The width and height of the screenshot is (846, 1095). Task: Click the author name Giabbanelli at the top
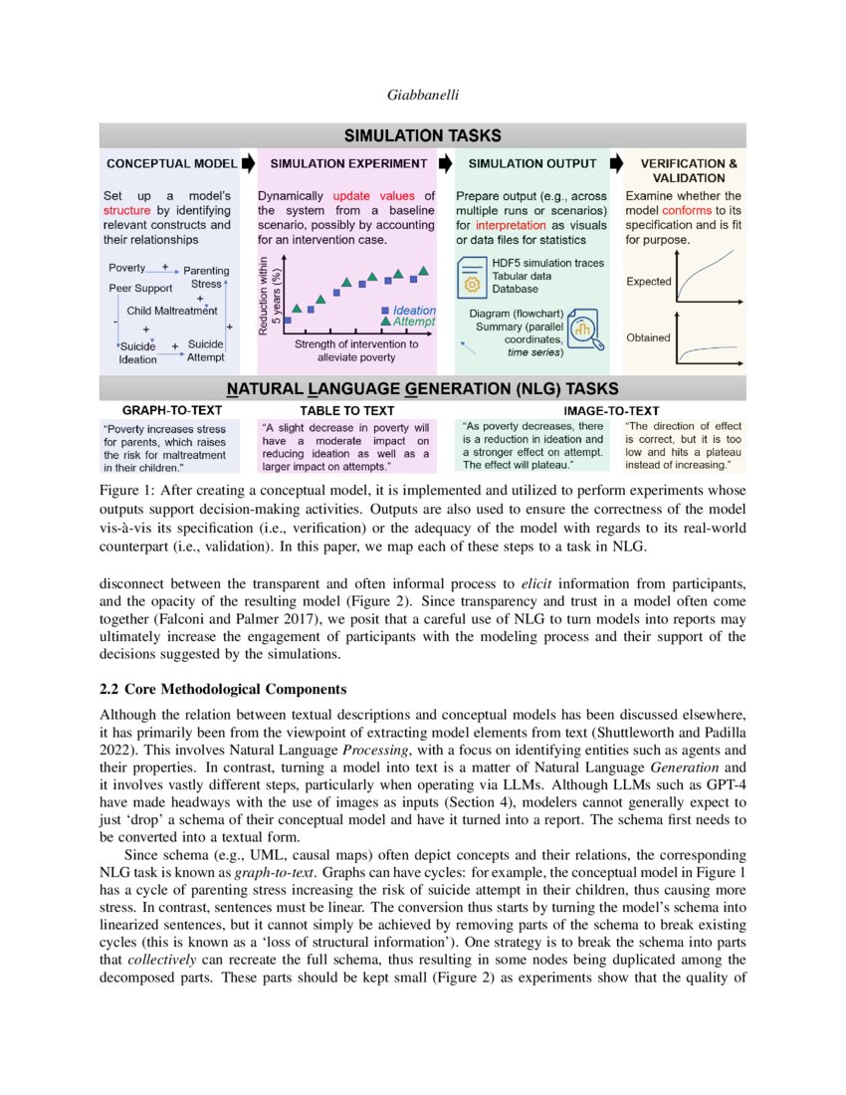(x=422, y=96)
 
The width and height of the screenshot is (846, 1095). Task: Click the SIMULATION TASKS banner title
(x=422, y=135)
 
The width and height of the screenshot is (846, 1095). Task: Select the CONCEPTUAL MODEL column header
(x=171, y=163)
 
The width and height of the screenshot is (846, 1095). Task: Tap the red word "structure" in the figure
(x=126, y=211)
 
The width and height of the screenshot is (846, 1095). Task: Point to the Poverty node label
(x=126, y=269)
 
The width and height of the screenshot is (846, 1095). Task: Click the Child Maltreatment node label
(x=172, y=311)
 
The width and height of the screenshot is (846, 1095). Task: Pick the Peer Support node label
(x=139, y=288)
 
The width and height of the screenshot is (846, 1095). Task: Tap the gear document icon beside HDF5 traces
(x=472, y=277)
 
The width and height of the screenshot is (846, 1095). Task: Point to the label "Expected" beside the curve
(x=648, y=282)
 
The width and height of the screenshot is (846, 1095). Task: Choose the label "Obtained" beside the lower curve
(x=648, y=337)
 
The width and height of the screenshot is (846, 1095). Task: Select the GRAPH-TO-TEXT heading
(x=171, y=409)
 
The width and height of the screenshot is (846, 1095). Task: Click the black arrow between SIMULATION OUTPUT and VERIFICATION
(x=615, y=162)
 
